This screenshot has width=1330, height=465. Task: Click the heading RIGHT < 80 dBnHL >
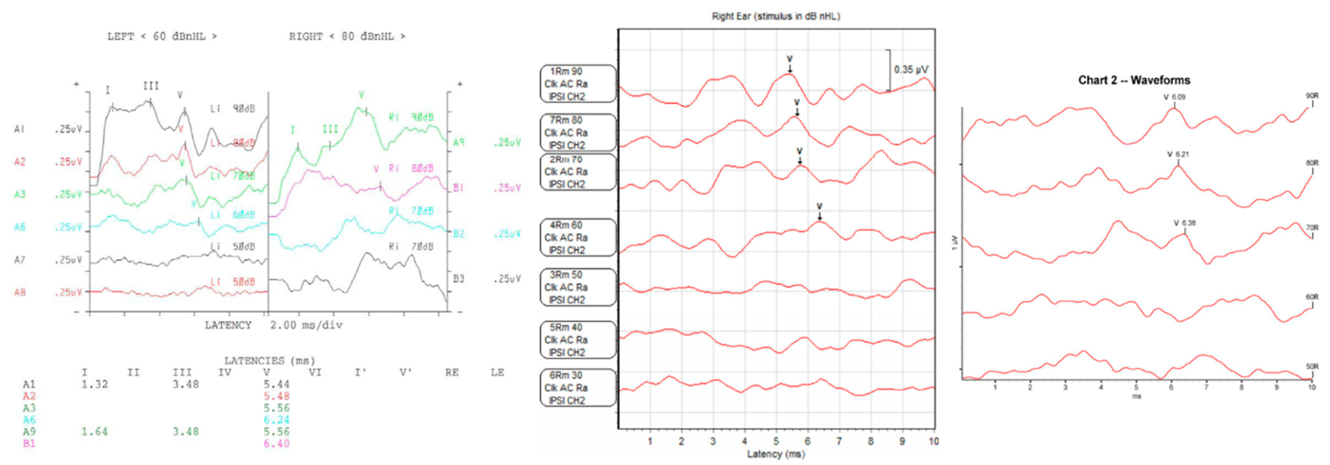(347, 37)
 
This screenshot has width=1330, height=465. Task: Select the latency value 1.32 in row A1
(94, 384)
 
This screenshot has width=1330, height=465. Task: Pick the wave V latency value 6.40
(277, 443)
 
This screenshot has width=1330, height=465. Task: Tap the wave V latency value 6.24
(277, 420)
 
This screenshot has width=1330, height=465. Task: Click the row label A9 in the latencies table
(29, 432)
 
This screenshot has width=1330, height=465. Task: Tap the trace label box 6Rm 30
(578, 387)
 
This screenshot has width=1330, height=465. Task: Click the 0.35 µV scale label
(911, 69)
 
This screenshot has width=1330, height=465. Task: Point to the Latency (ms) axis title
(775, 454)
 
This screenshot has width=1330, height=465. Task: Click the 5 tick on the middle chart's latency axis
(775, 441)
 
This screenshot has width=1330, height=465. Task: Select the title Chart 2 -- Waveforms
(1134, 80)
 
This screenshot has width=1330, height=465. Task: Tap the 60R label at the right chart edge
(1312, 297)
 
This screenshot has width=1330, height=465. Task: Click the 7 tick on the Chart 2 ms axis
(1206, 387)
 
